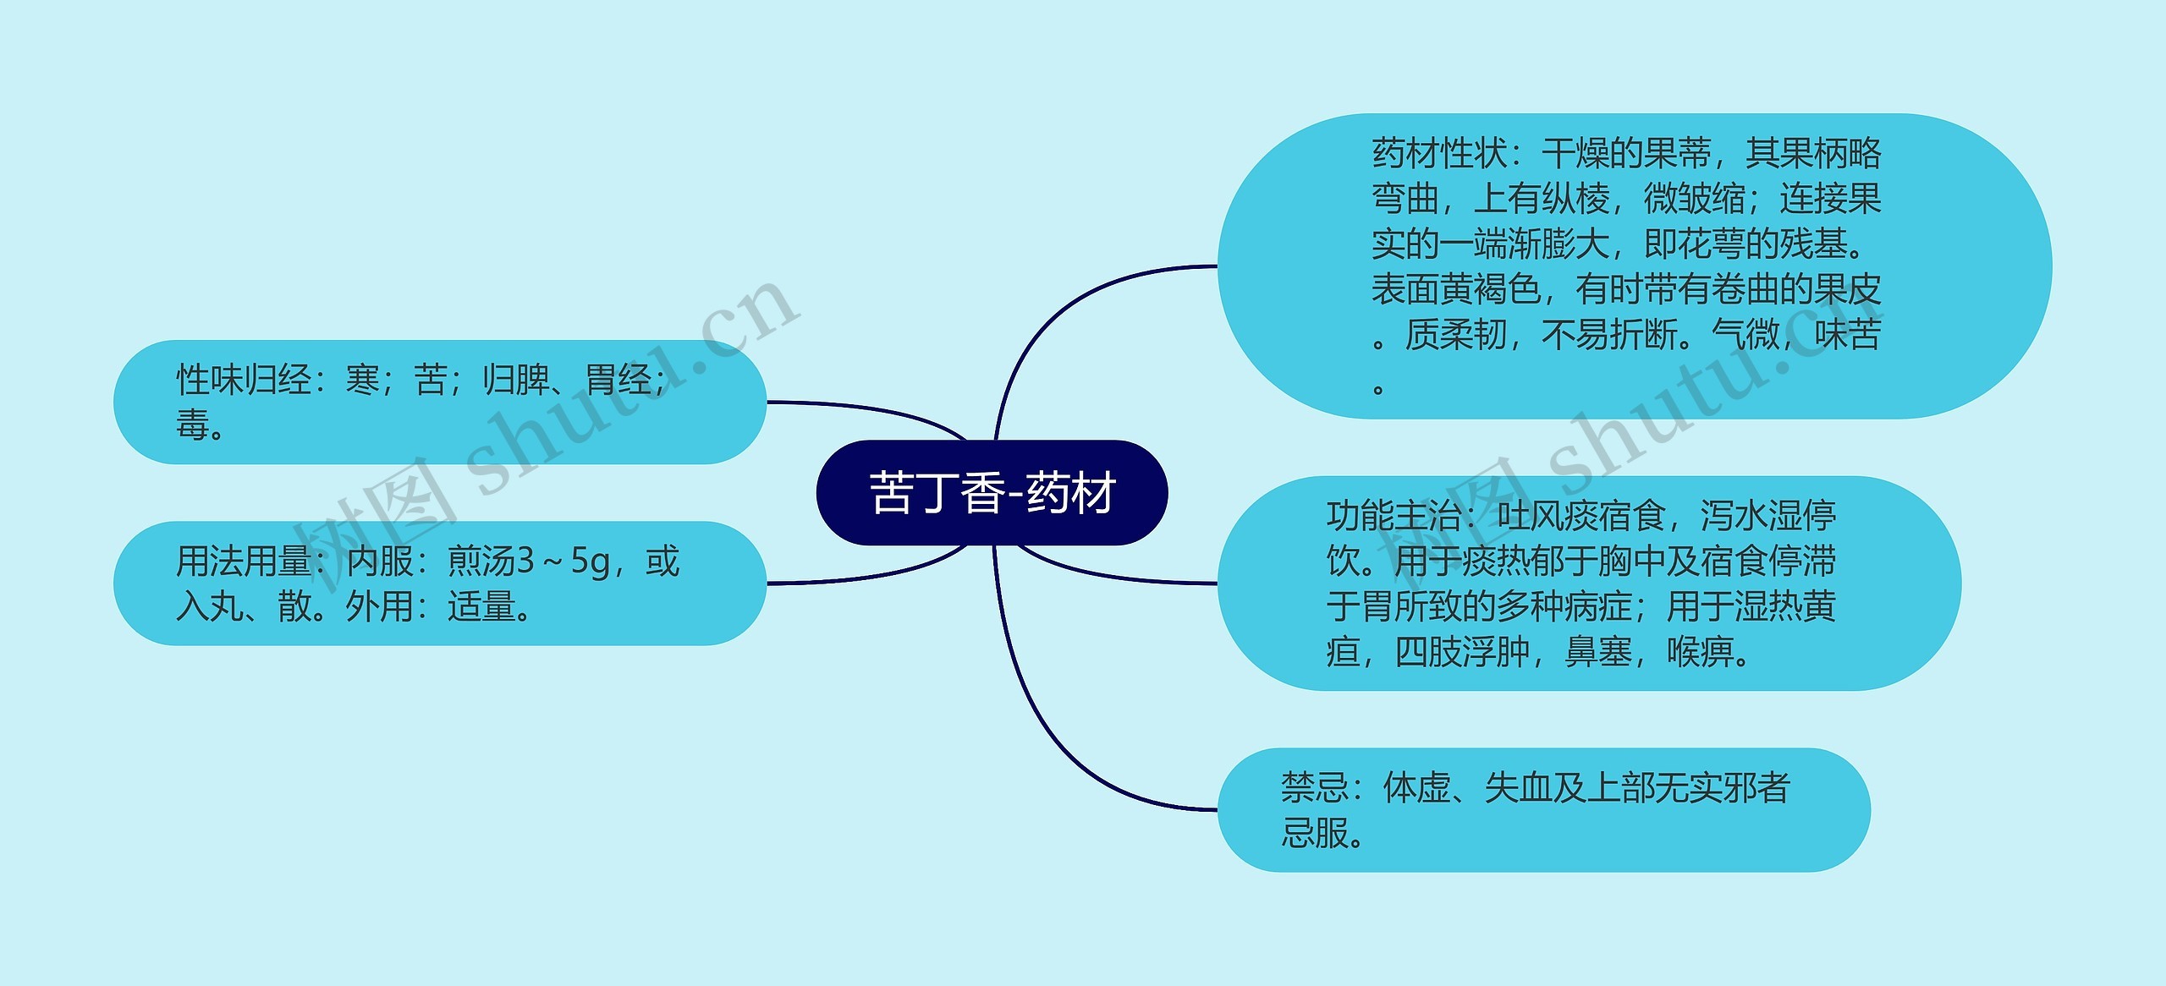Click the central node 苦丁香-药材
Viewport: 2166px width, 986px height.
(x=992, y=493)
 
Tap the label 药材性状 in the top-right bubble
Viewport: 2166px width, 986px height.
(x=1439, y=154)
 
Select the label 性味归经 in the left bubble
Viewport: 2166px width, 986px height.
(x=244, y=380)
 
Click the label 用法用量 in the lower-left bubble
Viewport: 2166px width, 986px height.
(x=244, y=561)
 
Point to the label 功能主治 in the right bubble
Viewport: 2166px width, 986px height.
(x=1394, y=516)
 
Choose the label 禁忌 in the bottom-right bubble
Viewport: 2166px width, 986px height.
(x=1314, y=788)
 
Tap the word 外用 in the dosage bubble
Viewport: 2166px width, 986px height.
(x=379, y=606)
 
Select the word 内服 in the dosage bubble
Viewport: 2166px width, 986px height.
(x=380, y=561)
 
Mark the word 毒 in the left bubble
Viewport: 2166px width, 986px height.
(x=193, y=425)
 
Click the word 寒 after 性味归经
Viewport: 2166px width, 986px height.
(x=363, y=380)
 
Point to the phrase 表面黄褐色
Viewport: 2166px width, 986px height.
(x=1456, y=290)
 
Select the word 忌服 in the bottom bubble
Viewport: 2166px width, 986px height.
(x=1315, y=833)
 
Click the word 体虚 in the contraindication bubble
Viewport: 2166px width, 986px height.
(x=1416, y=788)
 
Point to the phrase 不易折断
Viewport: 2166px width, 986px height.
(x=1608, y=335)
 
